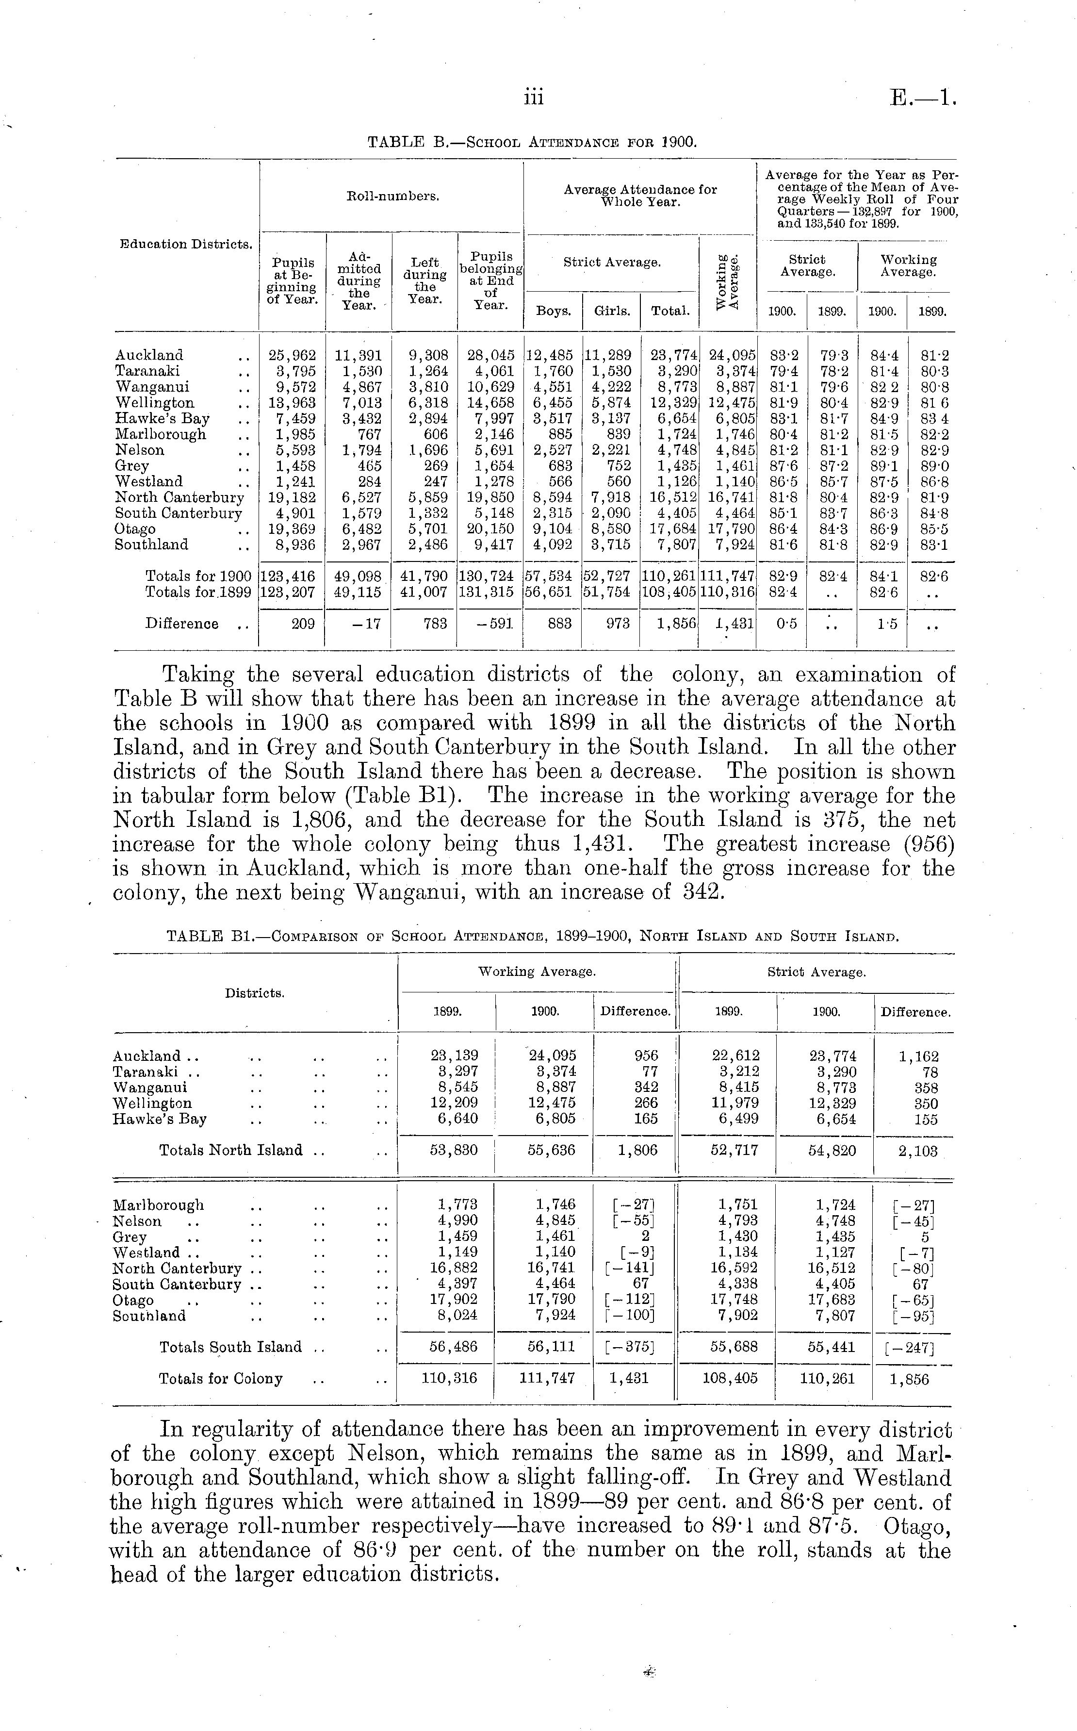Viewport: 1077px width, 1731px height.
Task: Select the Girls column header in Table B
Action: coord(612,311)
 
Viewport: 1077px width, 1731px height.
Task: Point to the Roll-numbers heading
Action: coord(392,196)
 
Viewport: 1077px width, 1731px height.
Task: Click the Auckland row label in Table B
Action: coord(149,355)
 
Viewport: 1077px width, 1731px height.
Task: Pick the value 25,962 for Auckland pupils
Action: coord(292,355)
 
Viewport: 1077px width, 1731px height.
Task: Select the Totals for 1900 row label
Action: coord(198,576)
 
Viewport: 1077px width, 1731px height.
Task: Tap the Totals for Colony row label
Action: coord(221,1378)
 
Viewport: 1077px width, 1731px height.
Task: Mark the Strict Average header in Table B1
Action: coord(816,972)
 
